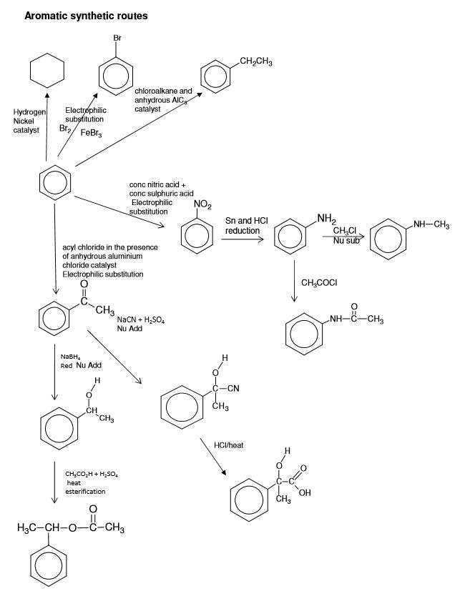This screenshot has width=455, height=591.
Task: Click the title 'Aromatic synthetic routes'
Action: coord(86,15)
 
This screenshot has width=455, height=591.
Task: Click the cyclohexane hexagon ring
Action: coord(47,72)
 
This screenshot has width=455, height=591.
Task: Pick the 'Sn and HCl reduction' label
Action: coord(246,226)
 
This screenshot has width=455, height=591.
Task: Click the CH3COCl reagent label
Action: coord(319,283)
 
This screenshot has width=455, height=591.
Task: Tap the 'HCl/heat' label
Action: coord(229,445)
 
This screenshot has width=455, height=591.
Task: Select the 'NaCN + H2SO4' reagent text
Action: coord(140,321)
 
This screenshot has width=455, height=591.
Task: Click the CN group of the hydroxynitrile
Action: coord(230,389)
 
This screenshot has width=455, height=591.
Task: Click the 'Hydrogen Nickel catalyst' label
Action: coord(29,121)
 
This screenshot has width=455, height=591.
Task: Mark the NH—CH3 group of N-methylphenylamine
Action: coord(430,226)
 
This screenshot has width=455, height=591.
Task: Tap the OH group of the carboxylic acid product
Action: coord(305,492)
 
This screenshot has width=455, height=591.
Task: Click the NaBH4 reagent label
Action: coord(71,356)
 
